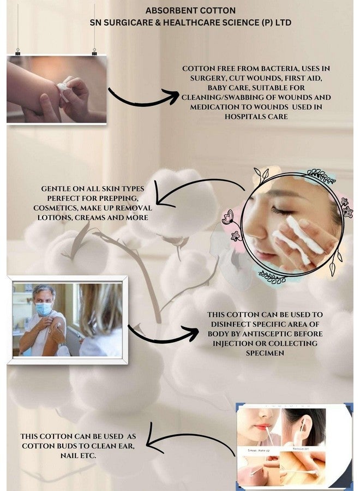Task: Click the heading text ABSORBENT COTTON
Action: coord(190,10)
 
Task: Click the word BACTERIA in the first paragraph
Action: coord(269,68)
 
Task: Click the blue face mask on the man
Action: coord(44,309)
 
